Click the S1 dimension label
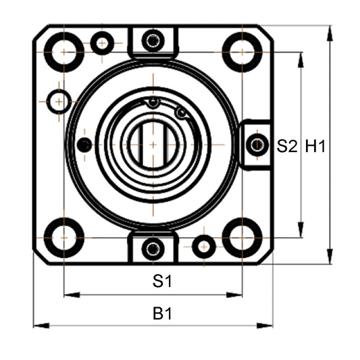point(161,282)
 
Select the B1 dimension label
point(161,313)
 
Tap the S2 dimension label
point(287,145)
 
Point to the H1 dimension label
point(315,145)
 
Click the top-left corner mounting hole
point(64,51)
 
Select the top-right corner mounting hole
point(242,51)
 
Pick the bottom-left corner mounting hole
point(64,237)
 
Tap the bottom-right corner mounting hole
point(242,237)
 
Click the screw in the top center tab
point(153,41)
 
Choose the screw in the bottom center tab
point(153,248)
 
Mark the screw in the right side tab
point(257,144)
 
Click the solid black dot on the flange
point(84,145)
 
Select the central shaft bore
point(153,145)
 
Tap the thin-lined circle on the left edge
point(59,101)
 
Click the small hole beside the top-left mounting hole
point(102,43)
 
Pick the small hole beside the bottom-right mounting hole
point(203,247)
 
